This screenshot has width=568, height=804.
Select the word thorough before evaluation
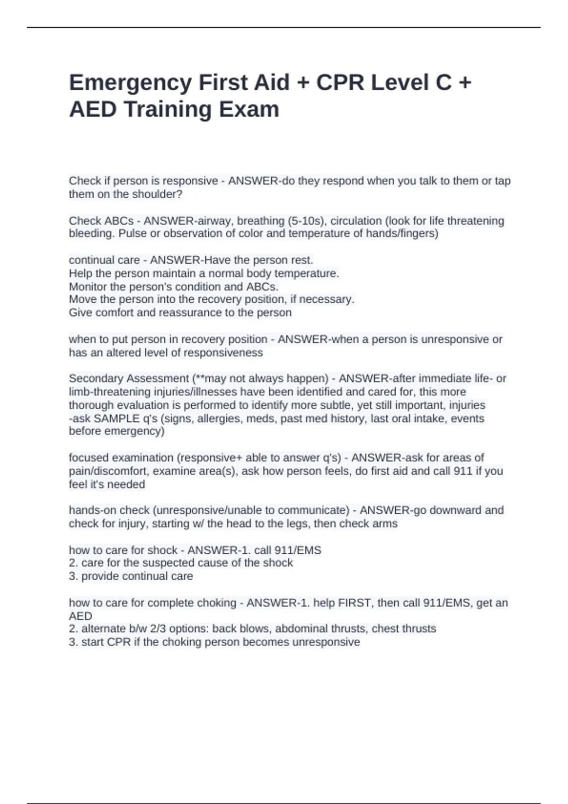coord(91,405)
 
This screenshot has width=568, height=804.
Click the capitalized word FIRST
coord(354,603)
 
